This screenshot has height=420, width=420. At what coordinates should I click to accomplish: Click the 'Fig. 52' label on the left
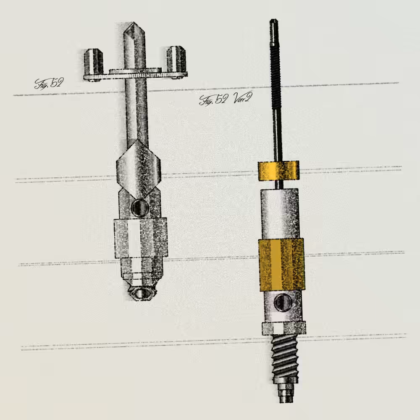(x=49, y=83)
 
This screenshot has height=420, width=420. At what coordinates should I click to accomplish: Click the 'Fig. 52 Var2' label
(x=225, y=99)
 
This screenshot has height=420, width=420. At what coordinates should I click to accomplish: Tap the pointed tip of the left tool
(x=133, y=23)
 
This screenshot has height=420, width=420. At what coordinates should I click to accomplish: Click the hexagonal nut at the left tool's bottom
(x=140, y=293)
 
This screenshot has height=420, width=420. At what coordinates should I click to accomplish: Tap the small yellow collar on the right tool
(x=278, y=171)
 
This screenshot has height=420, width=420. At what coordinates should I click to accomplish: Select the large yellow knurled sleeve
(x=281, y=265)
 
